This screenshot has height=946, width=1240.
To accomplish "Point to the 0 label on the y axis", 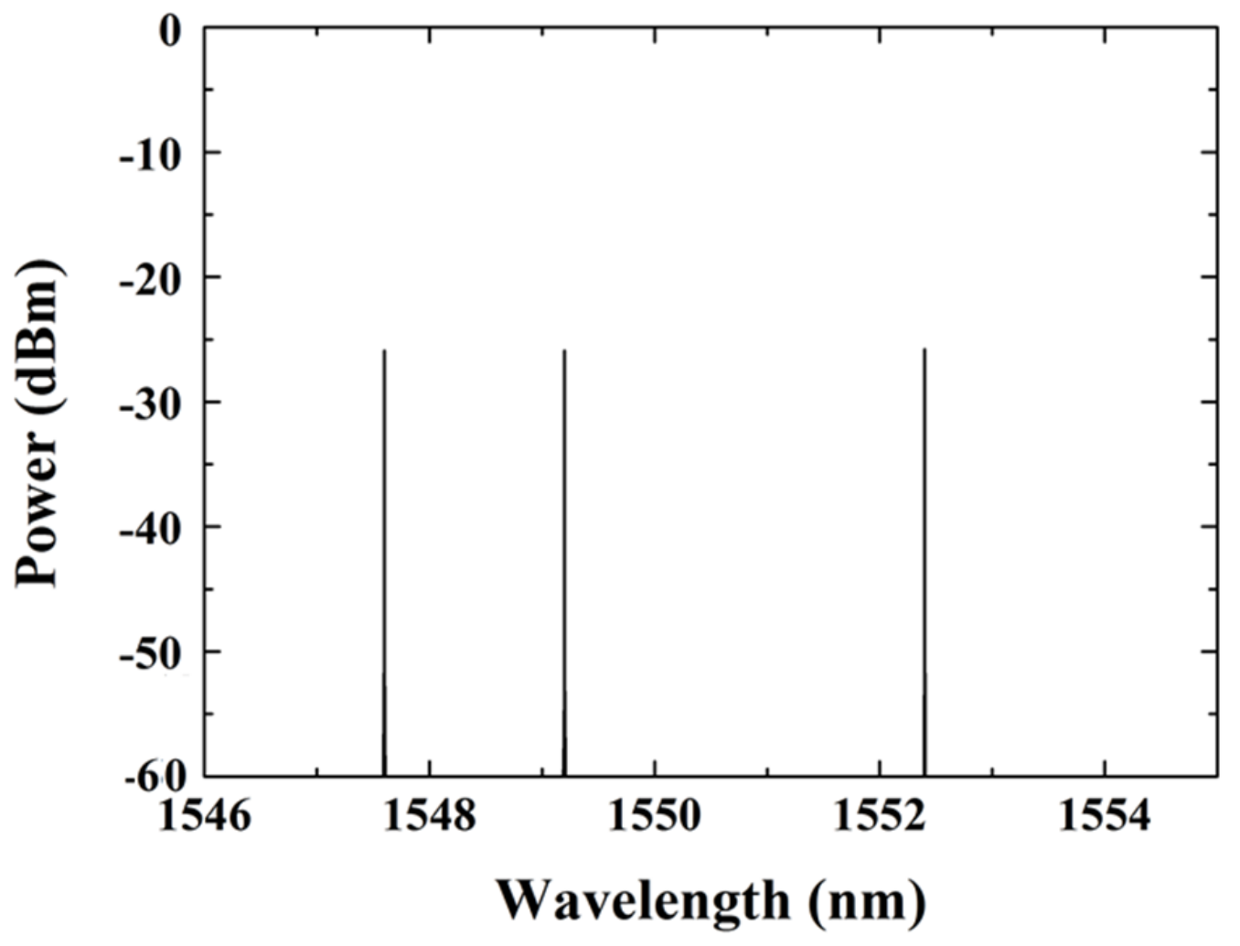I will pyautogui.click(x=171, y=32).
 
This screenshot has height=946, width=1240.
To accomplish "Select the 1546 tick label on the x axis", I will pyautogui.click(x=204, y=815).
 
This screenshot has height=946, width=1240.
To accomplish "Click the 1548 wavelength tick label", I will pyautogui.click(x=429, y=815).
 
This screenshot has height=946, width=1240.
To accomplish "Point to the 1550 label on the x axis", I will pyautogui.click(x=655, y=815).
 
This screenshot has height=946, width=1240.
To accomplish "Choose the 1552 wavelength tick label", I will pyautogui.click(x=880, y=815).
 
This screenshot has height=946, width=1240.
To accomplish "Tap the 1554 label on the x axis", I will pyautogui.click(x=1105, y=815).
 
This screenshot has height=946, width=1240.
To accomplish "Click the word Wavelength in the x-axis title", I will pyautogui.click(x=643, y=901).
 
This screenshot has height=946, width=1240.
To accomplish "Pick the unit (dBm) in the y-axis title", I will pyautogui.click(x=38, y=339).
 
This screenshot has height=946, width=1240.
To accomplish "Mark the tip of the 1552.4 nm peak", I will pyautogui.click(x=925, y=349).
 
